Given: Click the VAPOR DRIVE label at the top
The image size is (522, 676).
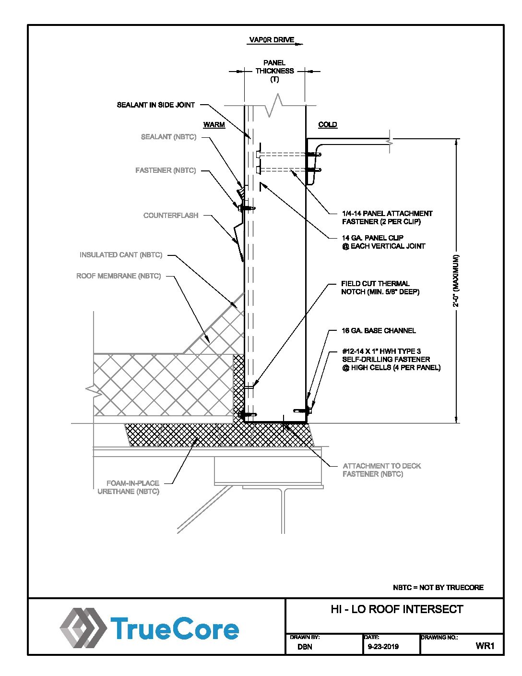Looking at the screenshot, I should pyautogui.click(x=272, y=40).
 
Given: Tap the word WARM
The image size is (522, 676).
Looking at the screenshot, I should pyautogui.click(x=214, y=125).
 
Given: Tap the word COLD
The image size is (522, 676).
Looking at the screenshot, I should pyautogui.click(x=328, y=125).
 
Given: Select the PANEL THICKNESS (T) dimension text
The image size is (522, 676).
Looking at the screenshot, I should pyautogui.click(x=274, y=71).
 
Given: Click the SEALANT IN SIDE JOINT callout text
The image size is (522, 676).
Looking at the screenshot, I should pyautogui.click(x=156, y=105).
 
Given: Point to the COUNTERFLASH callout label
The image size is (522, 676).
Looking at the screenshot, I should pyautogui.click(x=171, y=216).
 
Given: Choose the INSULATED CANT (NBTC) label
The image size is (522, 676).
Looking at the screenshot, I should pyautogui.click(x=121, y=255).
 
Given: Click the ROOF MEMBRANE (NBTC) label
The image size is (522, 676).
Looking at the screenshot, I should pyautogui.click(x=119, y=276).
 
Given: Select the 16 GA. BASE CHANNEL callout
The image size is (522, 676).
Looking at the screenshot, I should pyautogui.click(x=379, y=331).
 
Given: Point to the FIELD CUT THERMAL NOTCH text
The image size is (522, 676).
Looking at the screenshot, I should pyautogui.click(x=380, y=288).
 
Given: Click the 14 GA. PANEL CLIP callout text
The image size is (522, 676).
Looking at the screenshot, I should pyautogui.click(x=383, y=242).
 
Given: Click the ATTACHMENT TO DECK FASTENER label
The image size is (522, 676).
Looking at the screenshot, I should pyautogui.click(x=381, y=470).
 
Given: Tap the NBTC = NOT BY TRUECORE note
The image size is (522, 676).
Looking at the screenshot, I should pyautogui.click(x=438, y=588).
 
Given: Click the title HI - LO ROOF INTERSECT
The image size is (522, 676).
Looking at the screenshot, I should pyautogui.click(x=397, y=609).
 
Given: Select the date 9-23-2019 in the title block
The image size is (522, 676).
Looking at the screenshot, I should pyautogui.click(x=383, y=647).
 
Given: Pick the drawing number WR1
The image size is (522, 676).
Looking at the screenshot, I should pyautogui.click(x=485, y=646).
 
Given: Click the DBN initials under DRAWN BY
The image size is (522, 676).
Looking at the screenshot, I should pyautogui.click(x=305, y=647).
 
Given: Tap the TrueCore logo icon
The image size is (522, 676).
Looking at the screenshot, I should pyautogui.click(x=83, y=628).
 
